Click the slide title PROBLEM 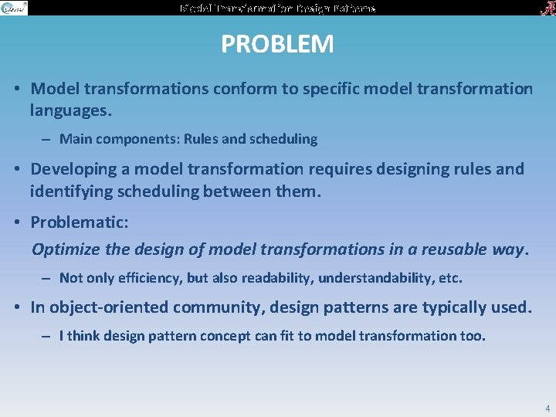click(277, 44)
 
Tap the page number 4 click(548, 409)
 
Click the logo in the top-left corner click(14, 8)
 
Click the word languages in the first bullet click(70, 110)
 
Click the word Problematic click(79, 222)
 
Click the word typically click(456, 307)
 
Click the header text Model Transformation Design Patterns click(277, 8)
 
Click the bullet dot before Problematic click(17, 222)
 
